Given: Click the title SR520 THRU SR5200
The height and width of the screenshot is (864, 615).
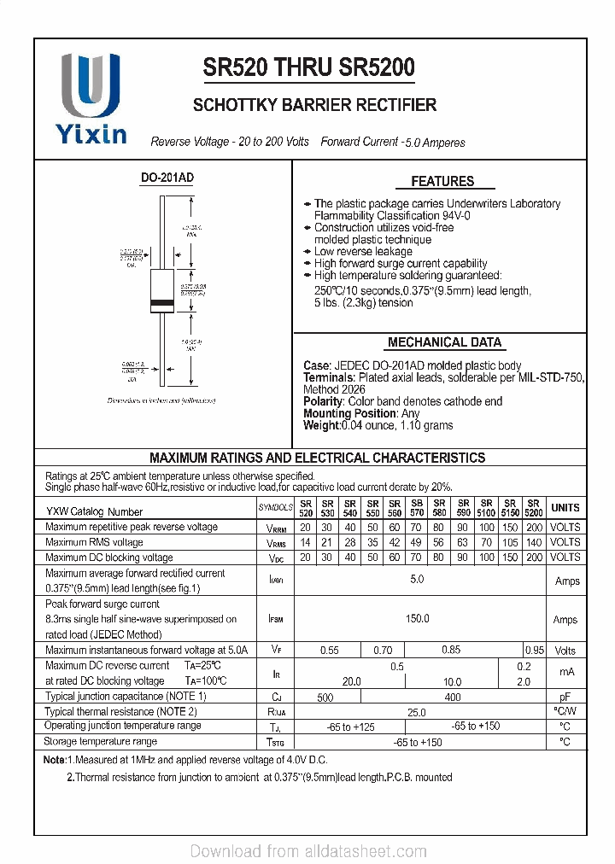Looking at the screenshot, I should [309, 67].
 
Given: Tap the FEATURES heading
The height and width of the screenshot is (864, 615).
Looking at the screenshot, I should [442, 181].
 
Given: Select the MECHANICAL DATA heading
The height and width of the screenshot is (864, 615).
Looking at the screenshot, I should [444, 342].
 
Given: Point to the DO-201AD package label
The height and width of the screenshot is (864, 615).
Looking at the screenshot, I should [167, 178].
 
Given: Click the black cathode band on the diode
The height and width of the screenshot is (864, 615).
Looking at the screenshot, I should [162, 304].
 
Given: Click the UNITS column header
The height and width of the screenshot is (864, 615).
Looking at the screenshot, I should [565, 508].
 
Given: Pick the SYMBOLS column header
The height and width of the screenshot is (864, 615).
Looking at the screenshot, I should [276, 508].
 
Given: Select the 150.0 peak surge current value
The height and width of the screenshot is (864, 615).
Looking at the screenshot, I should [418, 619].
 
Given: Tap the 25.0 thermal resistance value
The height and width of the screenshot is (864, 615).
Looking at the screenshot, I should [417, 711].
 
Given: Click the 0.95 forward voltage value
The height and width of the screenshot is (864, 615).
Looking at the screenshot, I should [535, 651].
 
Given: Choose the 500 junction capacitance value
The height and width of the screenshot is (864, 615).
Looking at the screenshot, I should [325, 697].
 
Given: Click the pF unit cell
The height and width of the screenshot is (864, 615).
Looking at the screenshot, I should [565, 697].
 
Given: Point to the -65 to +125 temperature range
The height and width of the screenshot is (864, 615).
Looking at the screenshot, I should [351, 727].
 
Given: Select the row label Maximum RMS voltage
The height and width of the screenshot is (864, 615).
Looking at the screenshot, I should [94, 542].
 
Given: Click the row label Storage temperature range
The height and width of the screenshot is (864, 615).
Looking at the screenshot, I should [101, 742].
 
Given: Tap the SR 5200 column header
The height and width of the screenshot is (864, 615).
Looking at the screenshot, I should [534, 508].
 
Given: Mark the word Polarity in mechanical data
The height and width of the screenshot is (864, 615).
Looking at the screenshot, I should [322, 401].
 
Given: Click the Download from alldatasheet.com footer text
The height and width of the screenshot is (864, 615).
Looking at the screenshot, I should [307, 851].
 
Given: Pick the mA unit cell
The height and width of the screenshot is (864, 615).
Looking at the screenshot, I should [565, 673].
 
